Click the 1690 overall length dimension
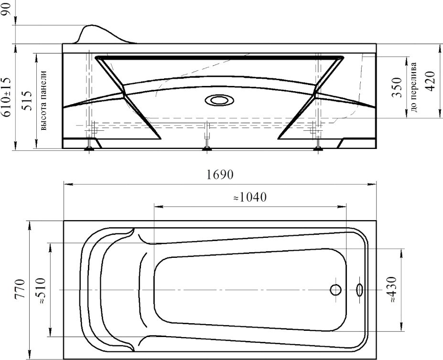pos(220,175)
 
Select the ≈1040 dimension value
pos(250,197)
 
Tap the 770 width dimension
pos(21,289)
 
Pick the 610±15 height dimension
pos(7,97)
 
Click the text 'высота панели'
pos(43,100)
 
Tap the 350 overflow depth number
pos(397,87)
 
